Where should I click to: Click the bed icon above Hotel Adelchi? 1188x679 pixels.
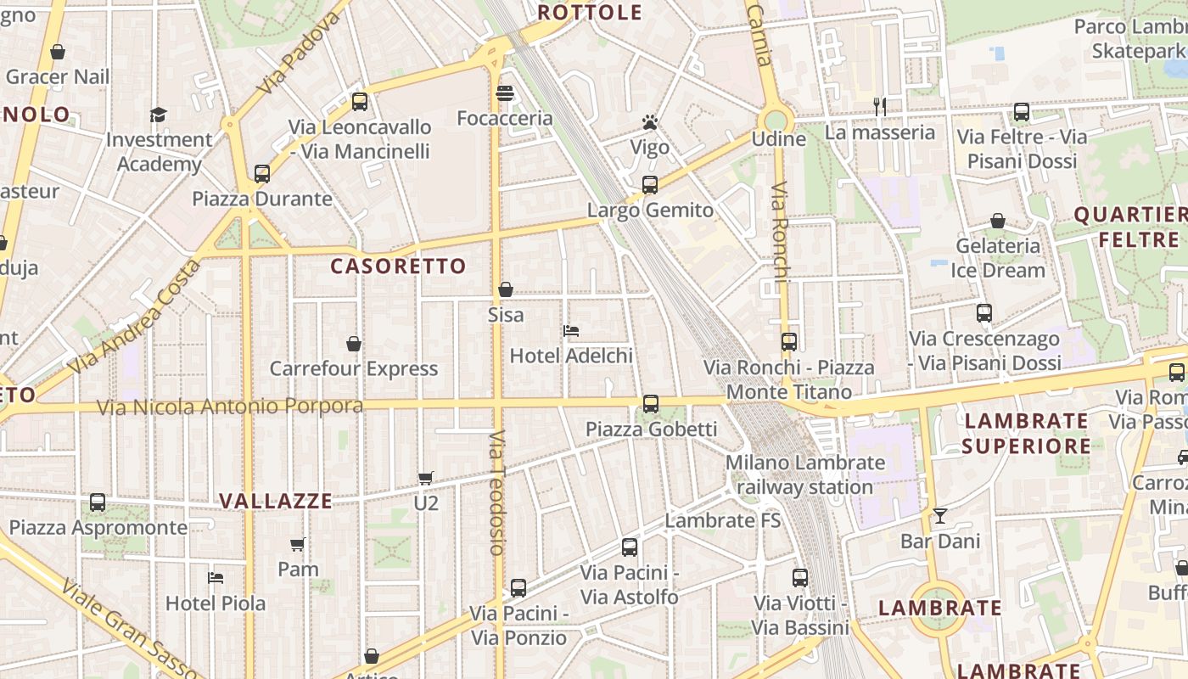point(571,330)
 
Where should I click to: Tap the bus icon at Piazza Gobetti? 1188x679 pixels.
point(650,404)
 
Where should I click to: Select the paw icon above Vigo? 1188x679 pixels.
point(650,122)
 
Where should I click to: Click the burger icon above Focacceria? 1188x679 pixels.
point(505,93)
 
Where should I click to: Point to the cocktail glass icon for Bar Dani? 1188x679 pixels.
point(939,516)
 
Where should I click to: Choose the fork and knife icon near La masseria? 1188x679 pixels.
point(880,107)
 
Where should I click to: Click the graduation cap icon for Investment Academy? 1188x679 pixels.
point(159,115)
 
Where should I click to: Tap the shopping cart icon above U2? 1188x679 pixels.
point(426,478)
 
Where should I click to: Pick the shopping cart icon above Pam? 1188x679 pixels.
point(298,544)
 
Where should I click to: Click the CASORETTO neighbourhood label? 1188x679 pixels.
point(398,267)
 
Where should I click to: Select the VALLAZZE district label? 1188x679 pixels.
point(276,501)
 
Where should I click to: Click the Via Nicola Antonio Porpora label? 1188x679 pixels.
point(230,407)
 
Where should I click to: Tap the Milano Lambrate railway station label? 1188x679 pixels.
point(804,475)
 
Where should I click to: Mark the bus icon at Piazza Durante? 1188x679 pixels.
point(262,174)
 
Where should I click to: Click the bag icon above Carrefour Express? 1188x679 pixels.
point(354,344)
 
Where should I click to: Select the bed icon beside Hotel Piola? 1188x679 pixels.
point(216,578)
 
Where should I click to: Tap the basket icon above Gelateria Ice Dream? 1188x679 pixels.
point(998,221)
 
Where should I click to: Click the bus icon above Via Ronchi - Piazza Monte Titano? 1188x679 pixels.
point(789,342)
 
